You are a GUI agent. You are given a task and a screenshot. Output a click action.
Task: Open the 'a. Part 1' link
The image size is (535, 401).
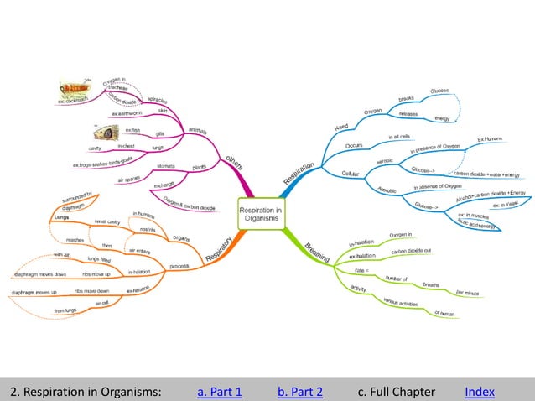pos(219,392)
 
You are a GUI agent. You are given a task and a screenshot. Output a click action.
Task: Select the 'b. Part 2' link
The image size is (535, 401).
pos(299,392)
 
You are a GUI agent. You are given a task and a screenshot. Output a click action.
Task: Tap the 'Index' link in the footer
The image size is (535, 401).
pos(479,392)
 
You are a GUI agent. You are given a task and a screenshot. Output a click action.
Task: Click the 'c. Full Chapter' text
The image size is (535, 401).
pos(396,392)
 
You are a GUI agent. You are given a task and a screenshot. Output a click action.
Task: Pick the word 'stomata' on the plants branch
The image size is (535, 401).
pos(165,166)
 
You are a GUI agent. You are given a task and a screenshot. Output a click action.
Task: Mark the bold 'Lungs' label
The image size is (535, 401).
pos(60,216)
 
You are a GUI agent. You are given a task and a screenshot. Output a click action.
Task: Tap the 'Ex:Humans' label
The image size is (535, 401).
pos(491,138)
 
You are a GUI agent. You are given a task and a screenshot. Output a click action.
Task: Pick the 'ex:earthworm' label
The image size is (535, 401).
pos(128,112)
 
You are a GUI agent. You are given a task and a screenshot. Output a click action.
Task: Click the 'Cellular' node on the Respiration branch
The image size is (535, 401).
pos(352,173)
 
